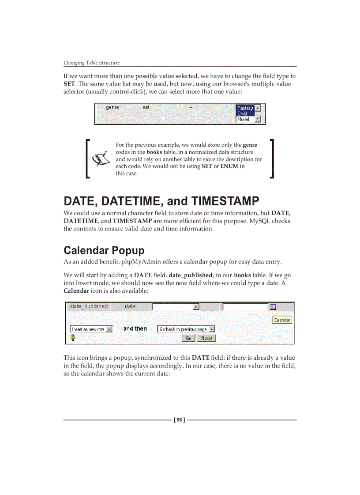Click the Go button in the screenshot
click(188, 338)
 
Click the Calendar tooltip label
click(282, 320)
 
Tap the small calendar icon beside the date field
click(273, 307)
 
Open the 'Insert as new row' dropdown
click(91, 329)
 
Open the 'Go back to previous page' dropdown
click(186, 329)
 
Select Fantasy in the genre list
click(245, 108)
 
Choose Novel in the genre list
click(244, 119)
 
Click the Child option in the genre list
click(243, 114)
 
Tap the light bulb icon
click(73, 338)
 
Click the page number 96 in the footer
click(180, 420)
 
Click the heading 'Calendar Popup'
click(104, 250)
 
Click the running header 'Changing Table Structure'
click(91, 63)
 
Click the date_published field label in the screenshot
click(89, 306)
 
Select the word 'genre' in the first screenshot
click(112, 107)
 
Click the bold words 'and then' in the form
click(135, 329)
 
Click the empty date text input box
click(245, 307)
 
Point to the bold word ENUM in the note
click(229, 166)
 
